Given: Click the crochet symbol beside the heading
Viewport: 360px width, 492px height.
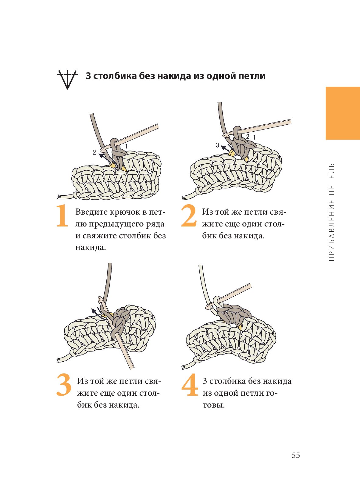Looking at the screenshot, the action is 67,80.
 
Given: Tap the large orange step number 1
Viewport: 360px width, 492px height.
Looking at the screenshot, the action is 62,216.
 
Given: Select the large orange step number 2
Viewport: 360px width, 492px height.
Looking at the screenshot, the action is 188,216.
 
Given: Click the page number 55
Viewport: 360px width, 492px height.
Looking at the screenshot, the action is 296,455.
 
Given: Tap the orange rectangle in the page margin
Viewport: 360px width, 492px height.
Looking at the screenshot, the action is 343,113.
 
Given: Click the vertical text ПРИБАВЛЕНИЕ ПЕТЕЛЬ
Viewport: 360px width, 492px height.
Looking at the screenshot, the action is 331,212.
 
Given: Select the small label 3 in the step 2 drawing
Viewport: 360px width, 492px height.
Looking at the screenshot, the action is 217,145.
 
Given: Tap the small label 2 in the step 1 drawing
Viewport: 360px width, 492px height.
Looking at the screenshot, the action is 94,152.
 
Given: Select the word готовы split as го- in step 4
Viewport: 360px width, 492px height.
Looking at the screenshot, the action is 272,393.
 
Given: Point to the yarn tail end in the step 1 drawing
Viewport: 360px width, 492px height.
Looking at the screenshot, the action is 59,197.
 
